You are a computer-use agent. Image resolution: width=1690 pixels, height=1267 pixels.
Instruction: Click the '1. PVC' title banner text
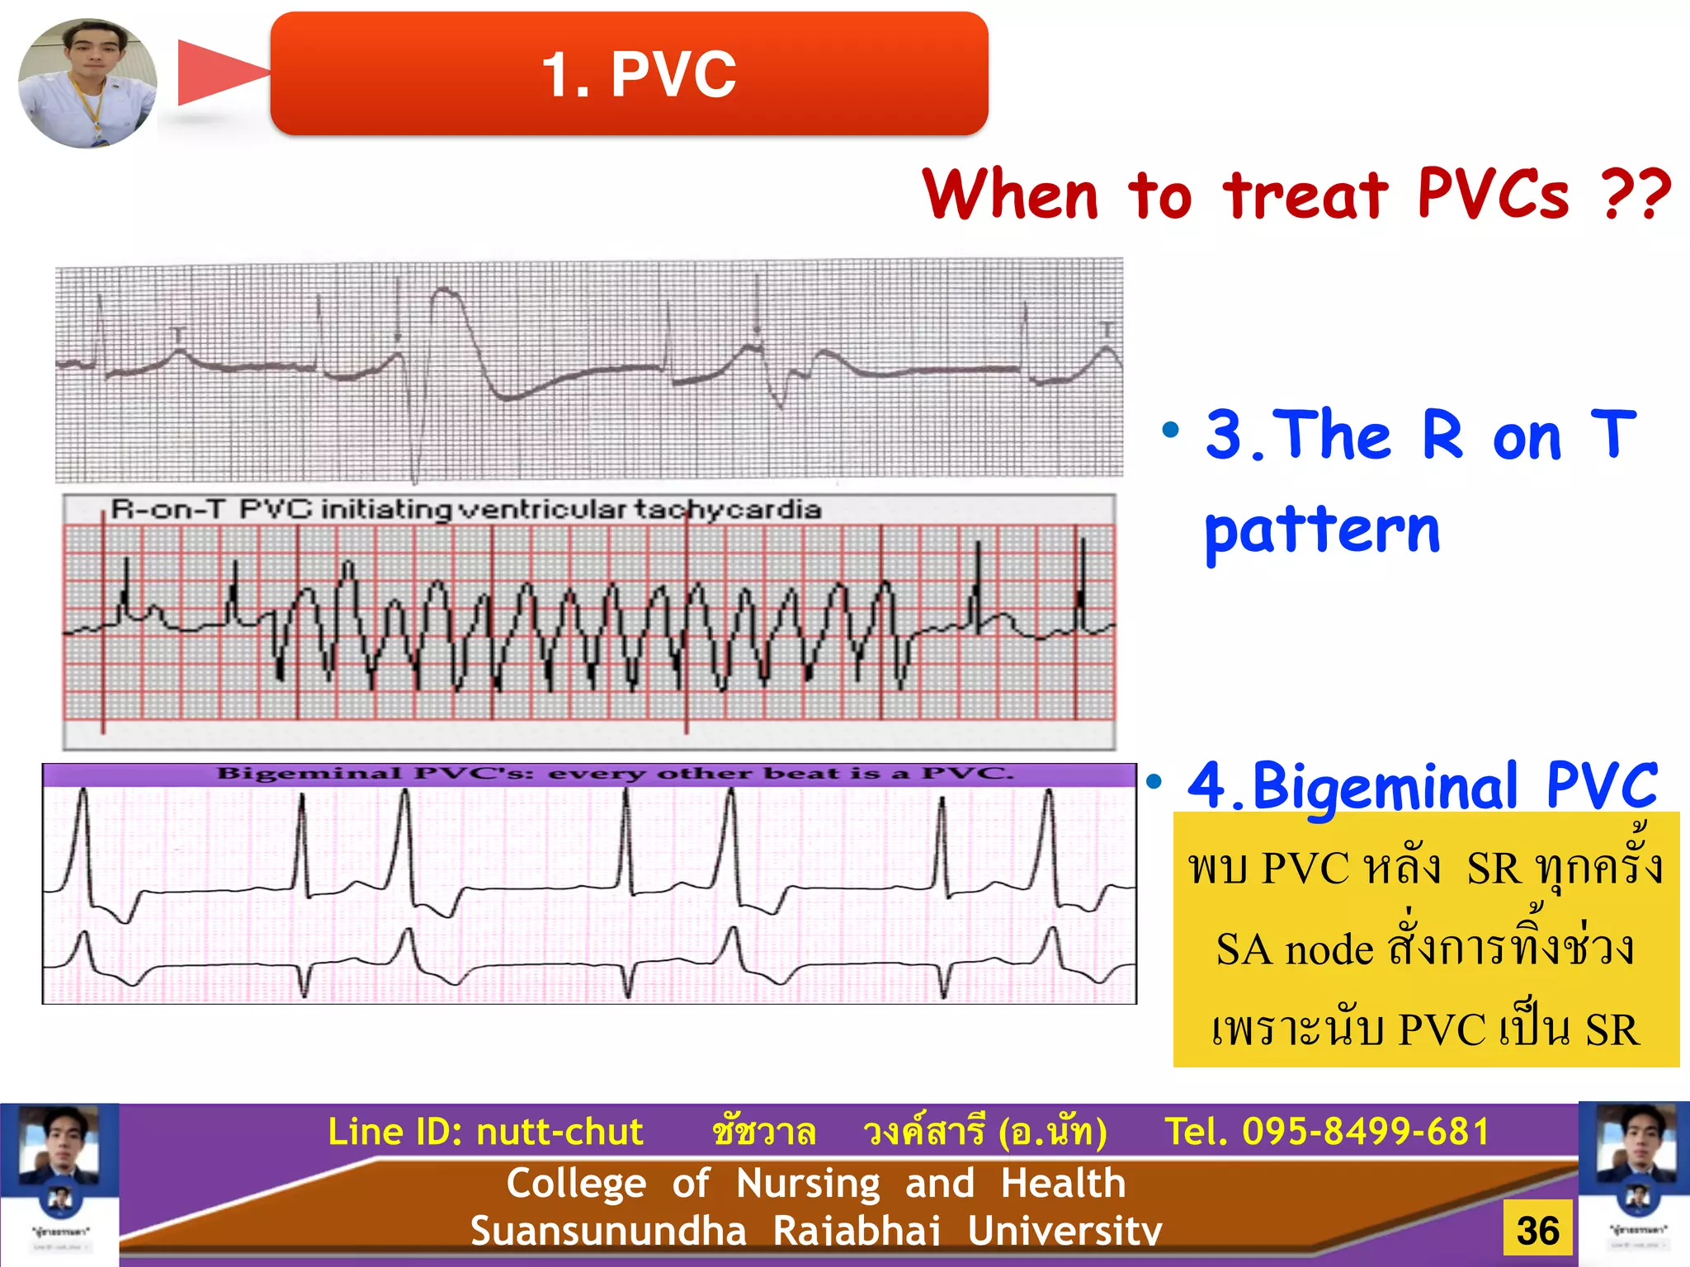(638, 74)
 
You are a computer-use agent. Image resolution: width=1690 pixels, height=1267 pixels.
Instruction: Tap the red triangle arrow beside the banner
(218, 73)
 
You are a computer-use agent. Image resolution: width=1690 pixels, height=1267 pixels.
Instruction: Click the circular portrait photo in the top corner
(87, 82)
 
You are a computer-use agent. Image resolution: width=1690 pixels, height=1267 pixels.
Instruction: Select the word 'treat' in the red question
(1305, 196)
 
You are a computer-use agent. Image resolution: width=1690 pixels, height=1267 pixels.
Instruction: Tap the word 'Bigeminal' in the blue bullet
(1385, 786)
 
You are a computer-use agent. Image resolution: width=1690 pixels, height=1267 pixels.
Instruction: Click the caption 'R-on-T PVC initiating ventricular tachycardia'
(465, 510)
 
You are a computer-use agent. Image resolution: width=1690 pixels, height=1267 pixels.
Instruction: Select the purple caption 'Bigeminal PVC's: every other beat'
(614, 774)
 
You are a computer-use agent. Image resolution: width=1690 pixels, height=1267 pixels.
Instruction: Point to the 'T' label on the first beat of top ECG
(177, 334)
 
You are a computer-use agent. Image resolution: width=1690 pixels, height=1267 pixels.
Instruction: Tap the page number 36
(1537, 1231)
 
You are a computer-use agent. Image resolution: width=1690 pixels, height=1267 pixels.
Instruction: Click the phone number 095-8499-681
(1366, 1132)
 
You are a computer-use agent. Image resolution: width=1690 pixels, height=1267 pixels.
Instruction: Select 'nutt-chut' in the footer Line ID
(559, 1132)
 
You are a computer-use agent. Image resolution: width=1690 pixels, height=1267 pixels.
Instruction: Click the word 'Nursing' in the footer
(808, 1183)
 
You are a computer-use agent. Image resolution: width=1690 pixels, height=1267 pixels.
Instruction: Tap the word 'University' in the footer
(1065, 1231)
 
